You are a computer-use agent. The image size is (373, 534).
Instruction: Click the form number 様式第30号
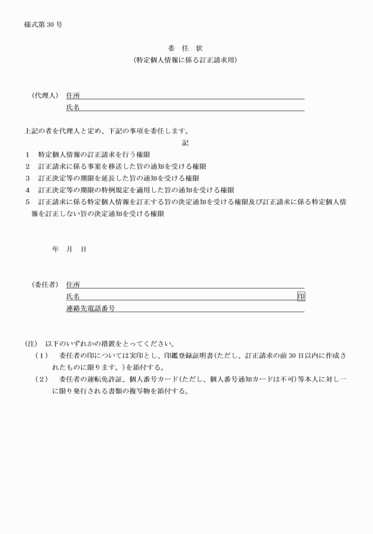point(43,25)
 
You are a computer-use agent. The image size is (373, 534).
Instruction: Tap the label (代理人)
point(45,95)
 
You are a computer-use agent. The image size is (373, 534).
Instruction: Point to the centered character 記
point(185,143)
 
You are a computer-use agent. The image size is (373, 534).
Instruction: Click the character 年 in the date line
point(55,249)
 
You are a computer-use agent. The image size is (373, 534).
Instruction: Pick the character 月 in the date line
point(69,249)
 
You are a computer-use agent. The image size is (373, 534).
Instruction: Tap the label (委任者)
point(45,284)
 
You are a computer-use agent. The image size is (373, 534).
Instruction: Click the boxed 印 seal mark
point(301,296)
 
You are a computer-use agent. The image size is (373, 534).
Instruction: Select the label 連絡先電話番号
point(91,308)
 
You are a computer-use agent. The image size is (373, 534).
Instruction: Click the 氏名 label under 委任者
point(73,296)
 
